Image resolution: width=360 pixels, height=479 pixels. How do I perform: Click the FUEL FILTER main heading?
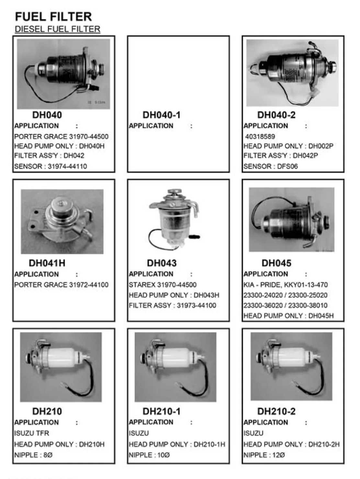point(53,17)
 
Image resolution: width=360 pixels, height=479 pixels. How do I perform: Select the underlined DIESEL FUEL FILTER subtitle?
point(57,29)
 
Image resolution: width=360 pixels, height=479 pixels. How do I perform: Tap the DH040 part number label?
point(47,115)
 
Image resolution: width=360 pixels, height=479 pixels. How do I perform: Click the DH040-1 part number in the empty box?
point(162,115)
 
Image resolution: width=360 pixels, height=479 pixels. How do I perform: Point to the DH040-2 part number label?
point(276,115)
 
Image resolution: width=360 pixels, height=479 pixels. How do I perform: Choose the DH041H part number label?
point(47,263)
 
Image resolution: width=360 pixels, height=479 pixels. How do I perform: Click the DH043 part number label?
point(162,263)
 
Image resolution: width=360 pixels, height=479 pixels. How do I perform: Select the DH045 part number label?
point(276,263)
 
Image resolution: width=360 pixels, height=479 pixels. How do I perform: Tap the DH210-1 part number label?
point(162,411)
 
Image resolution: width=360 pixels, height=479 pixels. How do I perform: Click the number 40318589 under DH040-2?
point(260,137)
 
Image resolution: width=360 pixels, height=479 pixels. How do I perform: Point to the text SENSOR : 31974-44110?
point(51,166)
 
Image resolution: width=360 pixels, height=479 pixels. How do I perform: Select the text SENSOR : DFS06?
point(271,166)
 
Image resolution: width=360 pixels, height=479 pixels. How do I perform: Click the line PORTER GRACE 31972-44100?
point(61,285)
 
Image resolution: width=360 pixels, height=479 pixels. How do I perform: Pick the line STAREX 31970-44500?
point(163,285)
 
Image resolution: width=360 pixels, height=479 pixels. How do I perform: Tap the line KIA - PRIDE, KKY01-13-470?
point(286,285)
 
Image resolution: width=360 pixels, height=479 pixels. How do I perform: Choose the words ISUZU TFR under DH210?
point(32,433)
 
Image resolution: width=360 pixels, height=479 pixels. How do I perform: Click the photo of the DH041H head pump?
point(62,221)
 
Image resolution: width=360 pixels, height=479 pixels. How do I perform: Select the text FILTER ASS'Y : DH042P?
point(281,156)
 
